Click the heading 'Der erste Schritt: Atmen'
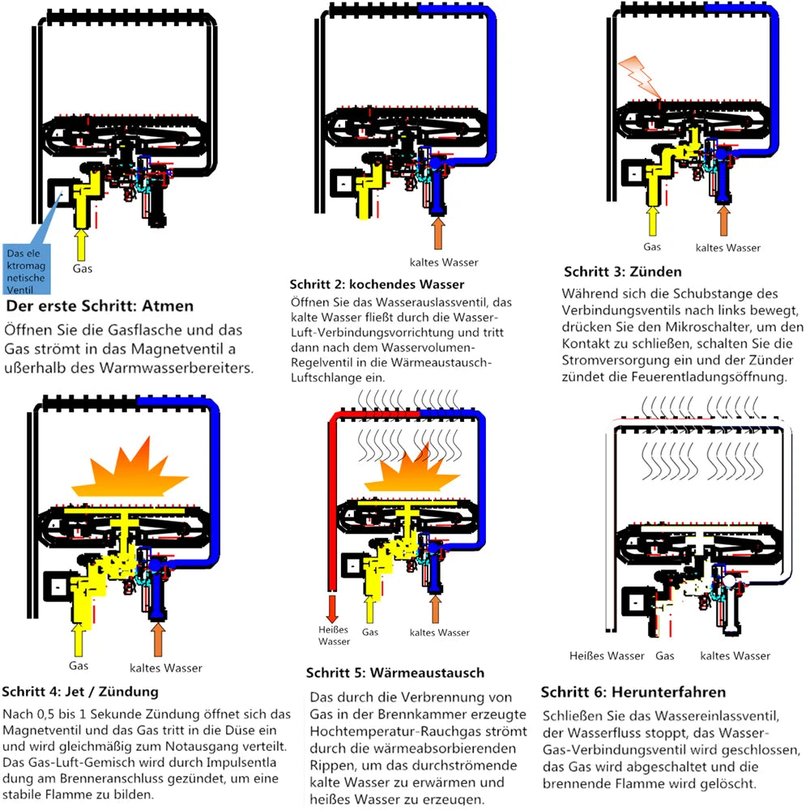100,307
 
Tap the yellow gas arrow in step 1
80,243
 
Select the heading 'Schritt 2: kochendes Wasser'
377,284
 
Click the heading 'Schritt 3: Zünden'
623,271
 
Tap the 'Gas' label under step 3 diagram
652,246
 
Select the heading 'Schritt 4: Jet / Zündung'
80,692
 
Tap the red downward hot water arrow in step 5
332,608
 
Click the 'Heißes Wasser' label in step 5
334,636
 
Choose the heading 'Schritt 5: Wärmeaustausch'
395,673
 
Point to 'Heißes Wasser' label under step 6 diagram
607,655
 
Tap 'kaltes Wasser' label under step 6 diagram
735,655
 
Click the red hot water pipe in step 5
333,502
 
